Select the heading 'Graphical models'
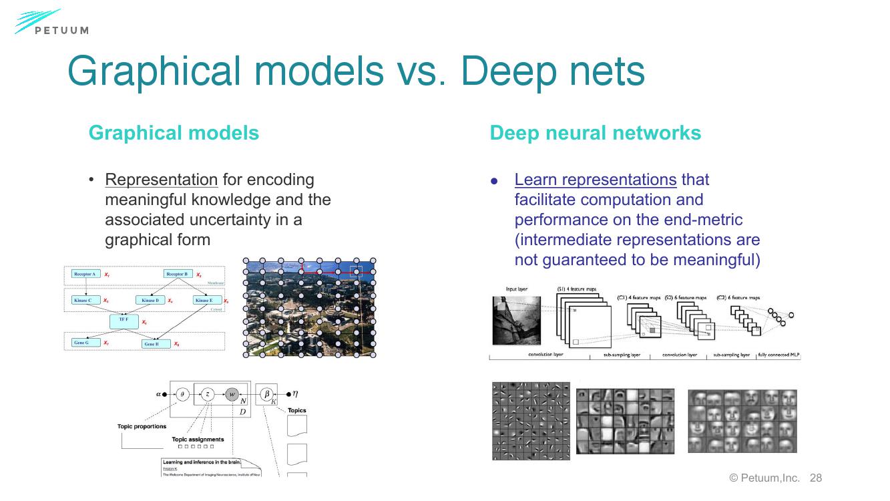[x=174, y=133]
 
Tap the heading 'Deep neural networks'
[x=595, y=133]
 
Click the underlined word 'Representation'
[x=162, y=180]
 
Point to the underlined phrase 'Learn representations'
[x=596, y=180]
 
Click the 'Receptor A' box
[x=86, y=274]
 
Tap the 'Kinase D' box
[x=150, y=301]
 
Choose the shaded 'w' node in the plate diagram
[x=232, y=394]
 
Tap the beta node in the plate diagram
[x=266, y=394]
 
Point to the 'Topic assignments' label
[x=198, y=440]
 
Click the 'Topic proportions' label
[x=142, y=426]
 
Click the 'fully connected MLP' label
[x=778, y=355]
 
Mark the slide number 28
[x=815, y=478]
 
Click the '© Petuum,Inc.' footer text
[x=764, y=478]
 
